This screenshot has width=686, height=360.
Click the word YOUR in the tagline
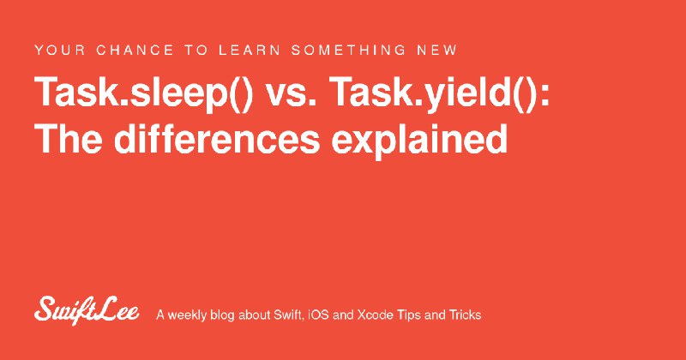tap(60, 50)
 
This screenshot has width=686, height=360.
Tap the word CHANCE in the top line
tap(135, 50)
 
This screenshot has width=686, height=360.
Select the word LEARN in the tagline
tap(250, 50)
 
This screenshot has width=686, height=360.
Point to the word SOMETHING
tap(349, 50)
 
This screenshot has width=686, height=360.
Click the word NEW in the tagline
tap(436, 50)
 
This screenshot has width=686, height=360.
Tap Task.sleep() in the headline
tap(143, 93)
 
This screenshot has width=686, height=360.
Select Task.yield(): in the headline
tap(439, 93)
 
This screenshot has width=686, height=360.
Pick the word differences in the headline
tap(217, 139)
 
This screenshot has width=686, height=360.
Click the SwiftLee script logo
tap(87, 310)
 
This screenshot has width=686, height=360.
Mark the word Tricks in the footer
tap(466, 315)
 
